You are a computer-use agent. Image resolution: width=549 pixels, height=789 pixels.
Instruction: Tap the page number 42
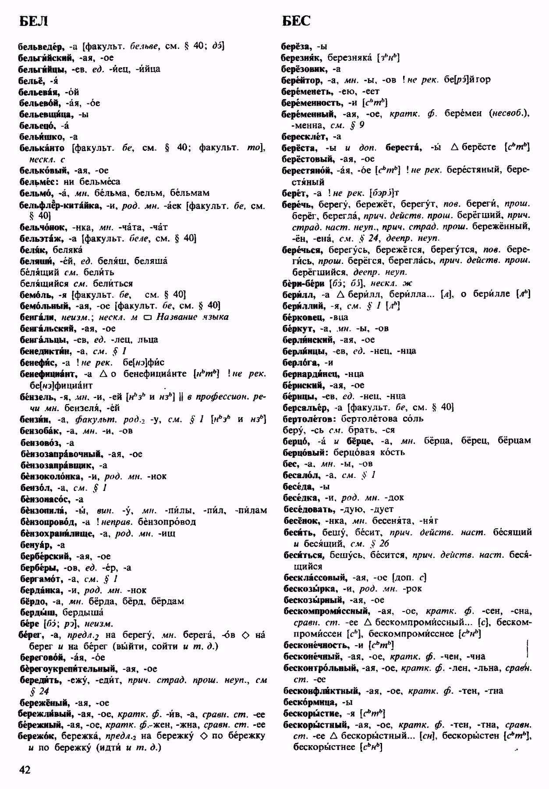(x=25, y=769)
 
